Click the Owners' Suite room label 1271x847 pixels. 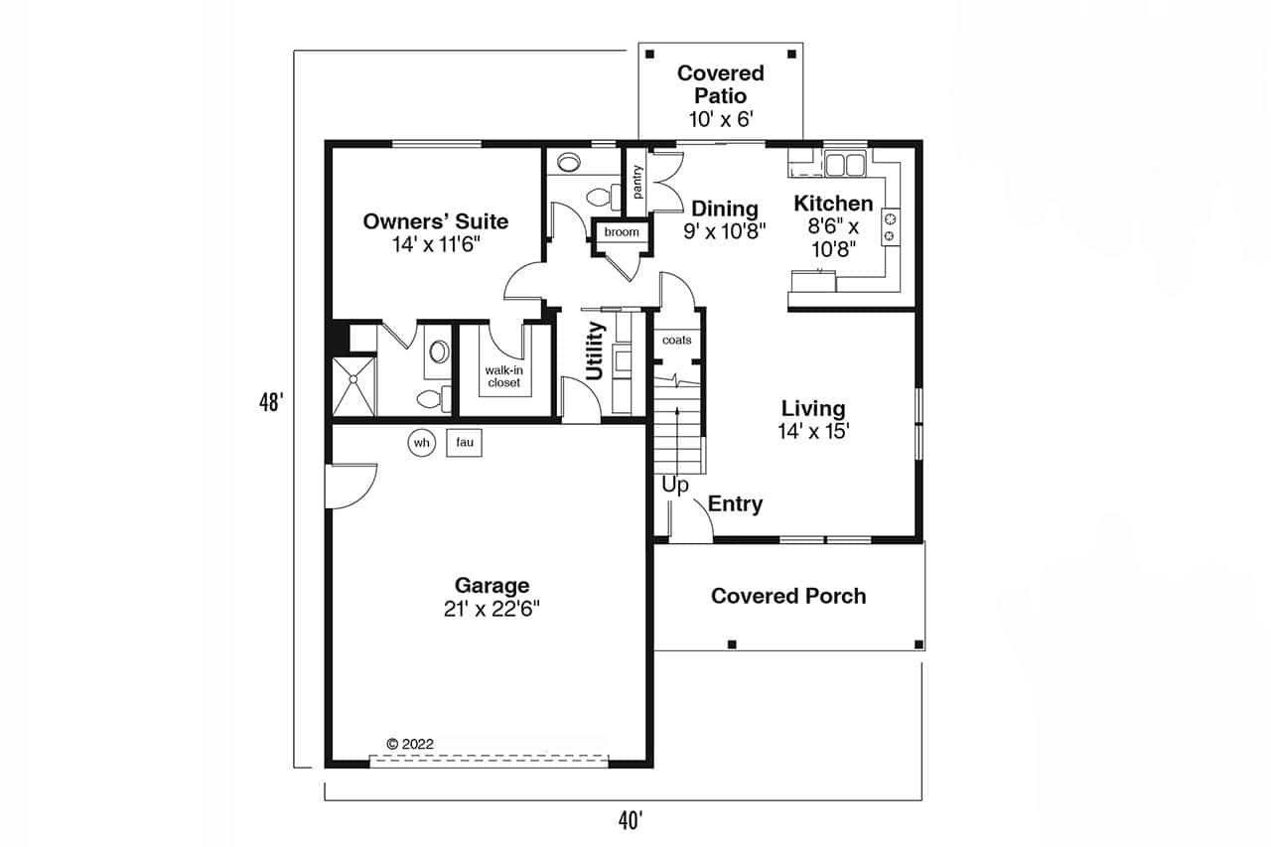pos(435,221)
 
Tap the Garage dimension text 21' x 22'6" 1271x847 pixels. pos(492,610)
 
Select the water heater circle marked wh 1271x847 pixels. pos(421,443)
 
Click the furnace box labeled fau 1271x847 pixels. pos(464,443)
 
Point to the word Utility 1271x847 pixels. pos(596,351)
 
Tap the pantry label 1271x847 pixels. pos(636,183)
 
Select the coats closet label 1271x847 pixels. pos(676,341)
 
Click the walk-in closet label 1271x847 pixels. pos(503,376)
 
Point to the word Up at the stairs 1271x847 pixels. pos(675,486)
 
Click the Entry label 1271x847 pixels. pos(735,504)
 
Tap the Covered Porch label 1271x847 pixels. pos(788,596)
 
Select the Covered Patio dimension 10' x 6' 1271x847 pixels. pos(721,119)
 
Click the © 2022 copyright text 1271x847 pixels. pos(409,743)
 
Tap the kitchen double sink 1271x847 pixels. pos(844,163)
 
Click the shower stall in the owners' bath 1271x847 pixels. pos(353,386)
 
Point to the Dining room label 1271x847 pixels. pos(724,209)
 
